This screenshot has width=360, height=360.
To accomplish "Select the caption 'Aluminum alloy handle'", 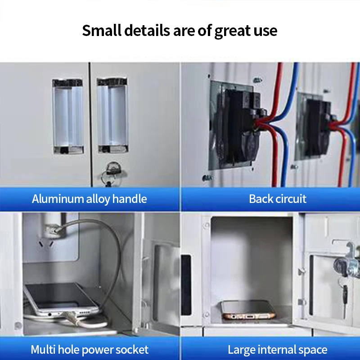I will click(90, 199).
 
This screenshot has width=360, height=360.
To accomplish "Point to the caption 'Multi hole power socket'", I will click(90, 349).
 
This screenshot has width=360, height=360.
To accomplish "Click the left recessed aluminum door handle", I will click(67, 116).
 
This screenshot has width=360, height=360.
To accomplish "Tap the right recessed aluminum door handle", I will click(112, 116).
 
